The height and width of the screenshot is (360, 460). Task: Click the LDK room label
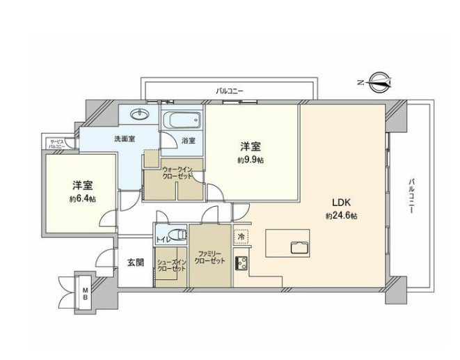pyautogui.click(x=342, y=203)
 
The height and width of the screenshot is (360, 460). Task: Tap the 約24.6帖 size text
pyautogui.click(x=341, y=216)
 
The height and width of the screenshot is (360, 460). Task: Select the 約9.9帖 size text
pyautogui.click(x=251, y=160)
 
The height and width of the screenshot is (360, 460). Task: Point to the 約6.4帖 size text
pyautogui.click(x=82, y=198)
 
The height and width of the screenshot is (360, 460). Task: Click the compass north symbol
pyautogui.click(x=380, y=82)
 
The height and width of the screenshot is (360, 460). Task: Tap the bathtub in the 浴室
pyautogui.click(x=182, y=120)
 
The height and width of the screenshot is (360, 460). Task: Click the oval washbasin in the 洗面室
pyautogui.click(x=140, y=114)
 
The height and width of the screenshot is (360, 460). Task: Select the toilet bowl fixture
pyautogui.click(x=177, y=235)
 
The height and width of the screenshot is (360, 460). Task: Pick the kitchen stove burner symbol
pyautogui.click(x=241, y=263)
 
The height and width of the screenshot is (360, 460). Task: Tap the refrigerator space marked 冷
pyautogui.click(x=241, y=236)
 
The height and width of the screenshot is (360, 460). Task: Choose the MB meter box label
pyautogui.click(x=86, y=293)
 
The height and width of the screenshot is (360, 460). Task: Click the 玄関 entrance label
pyautogui.click(x=136, y=263)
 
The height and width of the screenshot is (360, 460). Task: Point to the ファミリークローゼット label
pyautogui.click(x=209, y=257)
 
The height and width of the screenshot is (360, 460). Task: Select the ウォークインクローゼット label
pyautogui.click(x=177, y=173)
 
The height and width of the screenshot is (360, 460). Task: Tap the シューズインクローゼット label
pyautogui.click(x=171, y=265)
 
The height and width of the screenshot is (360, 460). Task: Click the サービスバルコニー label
pyautogui.click(x=56, y=143)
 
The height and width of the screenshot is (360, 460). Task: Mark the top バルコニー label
pyautogui.click(x=230, y=91)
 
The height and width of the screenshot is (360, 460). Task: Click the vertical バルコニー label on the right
pyautogui.click(x=411, y=195)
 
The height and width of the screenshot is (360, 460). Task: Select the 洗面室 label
pyautogui.click(x=125, y=139)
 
